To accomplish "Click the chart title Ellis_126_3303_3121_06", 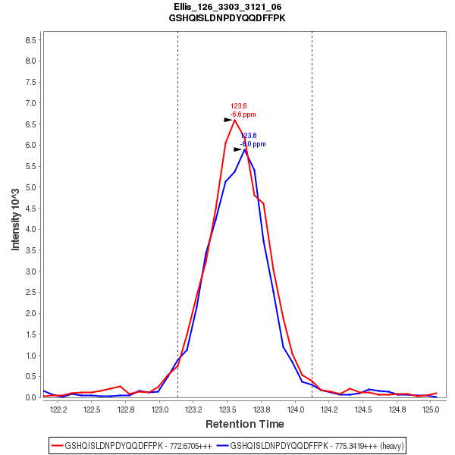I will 227,6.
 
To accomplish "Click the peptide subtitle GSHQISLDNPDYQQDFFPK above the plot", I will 227,17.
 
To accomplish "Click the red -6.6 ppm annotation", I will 243,115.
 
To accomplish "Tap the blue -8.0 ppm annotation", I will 253,143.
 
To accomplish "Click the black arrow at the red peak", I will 228,120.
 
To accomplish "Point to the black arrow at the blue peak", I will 238,149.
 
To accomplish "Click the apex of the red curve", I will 234,120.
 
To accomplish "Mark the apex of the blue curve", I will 245,149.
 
